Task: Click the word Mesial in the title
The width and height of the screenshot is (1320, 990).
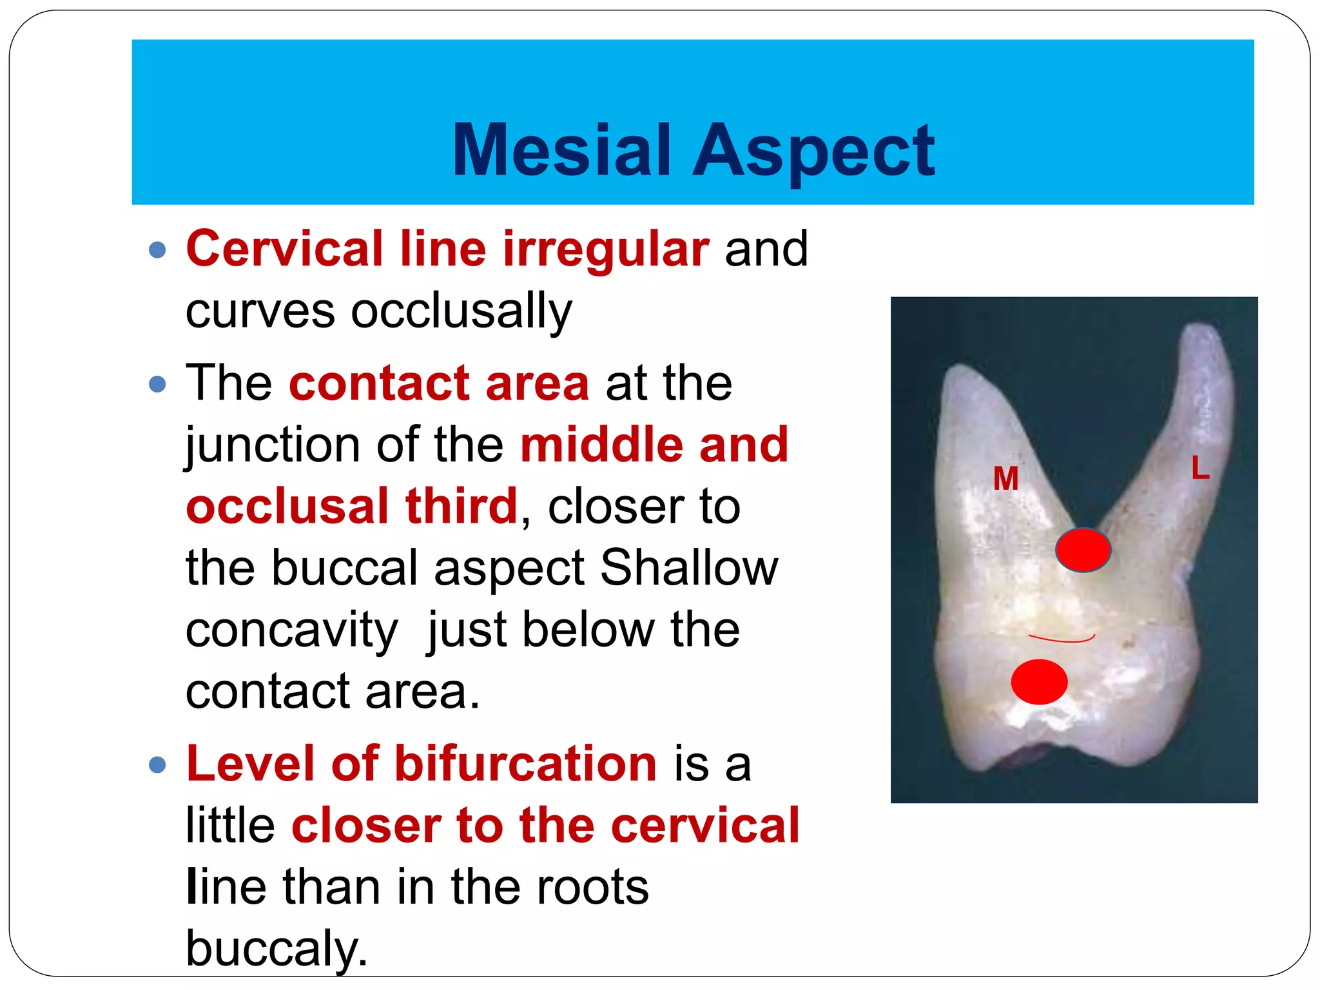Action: coord(561,150)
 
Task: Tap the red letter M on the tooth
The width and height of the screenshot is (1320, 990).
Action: coord(1005,479)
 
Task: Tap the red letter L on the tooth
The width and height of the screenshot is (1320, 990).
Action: coord(1200,468)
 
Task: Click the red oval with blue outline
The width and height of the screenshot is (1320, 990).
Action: coord(1083,550)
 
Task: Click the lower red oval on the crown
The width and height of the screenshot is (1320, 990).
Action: coord(1039,682)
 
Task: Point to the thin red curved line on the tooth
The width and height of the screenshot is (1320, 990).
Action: coord(1062,639)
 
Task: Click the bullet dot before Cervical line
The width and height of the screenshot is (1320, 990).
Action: coord(157,249)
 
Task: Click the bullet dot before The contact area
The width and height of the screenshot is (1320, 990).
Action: coord(157,385)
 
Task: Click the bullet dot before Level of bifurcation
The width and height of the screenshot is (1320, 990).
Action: coord(157,765)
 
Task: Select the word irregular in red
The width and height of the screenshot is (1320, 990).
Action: coord(606,249)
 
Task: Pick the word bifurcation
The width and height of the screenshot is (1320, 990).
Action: coord(525,764)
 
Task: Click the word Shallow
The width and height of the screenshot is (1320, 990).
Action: coord(689,568)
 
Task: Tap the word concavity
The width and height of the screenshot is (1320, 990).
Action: coord(291,630)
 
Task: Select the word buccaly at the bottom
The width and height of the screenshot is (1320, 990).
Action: coord(276,948)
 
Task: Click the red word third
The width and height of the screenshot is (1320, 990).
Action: coord(461,507)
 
